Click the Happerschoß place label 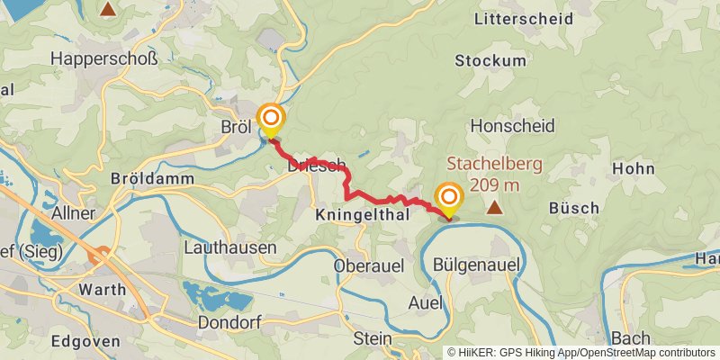104,59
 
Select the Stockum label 490,61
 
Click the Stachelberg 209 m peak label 483,175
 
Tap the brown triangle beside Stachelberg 494,208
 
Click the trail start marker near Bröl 270,118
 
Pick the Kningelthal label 363,216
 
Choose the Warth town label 103,291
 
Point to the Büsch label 573,208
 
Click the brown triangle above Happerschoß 108,10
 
